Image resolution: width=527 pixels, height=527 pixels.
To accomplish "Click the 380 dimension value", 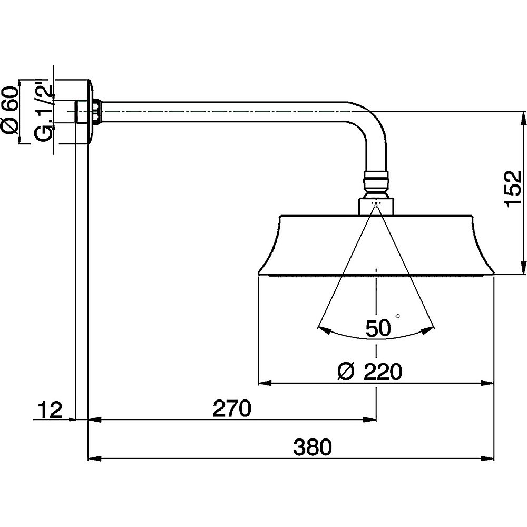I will click(313, 448).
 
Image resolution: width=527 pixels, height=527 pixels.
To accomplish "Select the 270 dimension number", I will click(230, 409).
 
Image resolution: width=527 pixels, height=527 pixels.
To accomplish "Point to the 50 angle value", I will click(378, 328).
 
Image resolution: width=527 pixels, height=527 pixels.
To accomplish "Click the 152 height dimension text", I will click(512, 189).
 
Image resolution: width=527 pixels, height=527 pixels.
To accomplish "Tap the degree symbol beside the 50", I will click(397, 316).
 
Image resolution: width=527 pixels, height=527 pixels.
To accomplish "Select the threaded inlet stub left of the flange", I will click(80, 112).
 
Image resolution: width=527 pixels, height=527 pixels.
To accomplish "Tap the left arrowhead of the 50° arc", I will click(322, 329).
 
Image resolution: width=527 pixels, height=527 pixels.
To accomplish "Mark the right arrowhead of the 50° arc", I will click(431, 329).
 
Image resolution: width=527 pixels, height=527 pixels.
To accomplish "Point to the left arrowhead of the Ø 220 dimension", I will click(264, 383).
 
